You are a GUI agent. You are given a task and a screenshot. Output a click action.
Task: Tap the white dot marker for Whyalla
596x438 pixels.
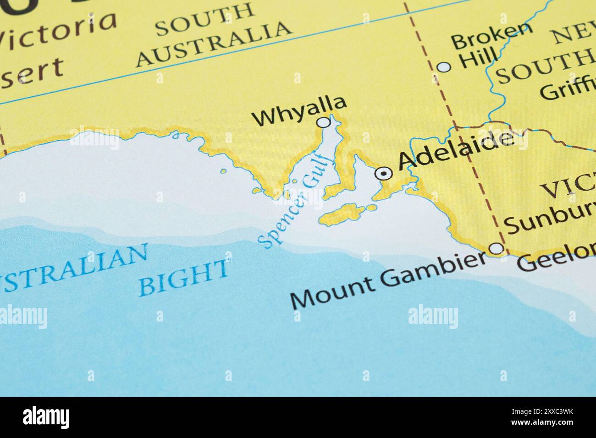coord(324,122)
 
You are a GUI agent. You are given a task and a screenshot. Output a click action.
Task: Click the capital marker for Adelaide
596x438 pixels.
coord(383,174)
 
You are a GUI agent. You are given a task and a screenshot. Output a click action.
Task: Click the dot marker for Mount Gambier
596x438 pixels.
coord(497,249)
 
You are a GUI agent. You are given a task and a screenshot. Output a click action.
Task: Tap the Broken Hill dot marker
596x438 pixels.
coord(444,67)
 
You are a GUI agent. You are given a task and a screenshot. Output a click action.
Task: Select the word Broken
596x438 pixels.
coord(492,36)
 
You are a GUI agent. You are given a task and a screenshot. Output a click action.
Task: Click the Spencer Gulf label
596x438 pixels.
coord(294,201)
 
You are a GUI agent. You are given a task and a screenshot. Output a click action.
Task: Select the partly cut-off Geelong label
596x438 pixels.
coord(556,261)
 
